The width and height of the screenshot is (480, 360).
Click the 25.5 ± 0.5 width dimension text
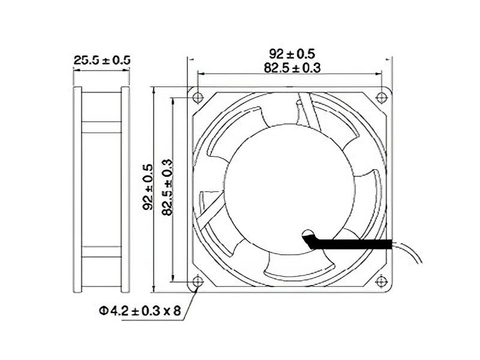[101, 60]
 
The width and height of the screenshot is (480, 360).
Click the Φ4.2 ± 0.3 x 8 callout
[140, 311]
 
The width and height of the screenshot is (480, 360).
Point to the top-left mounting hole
[199, 96]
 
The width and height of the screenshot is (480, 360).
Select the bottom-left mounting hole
[199, 280]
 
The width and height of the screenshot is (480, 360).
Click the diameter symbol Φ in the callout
[103, 311]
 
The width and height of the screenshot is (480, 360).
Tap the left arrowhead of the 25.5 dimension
[76, 70]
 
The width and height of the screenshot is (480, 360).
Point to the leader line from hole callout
[191, 297]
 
